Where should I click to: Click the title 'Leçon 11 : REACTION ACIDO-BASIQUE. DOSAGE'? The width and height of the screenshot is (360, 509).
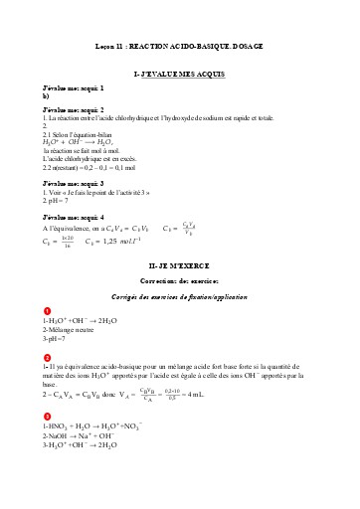tap(179, 47)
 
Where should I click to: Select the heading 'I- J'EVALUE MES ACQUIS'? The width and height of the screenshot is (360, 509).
tap(179, 75)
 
